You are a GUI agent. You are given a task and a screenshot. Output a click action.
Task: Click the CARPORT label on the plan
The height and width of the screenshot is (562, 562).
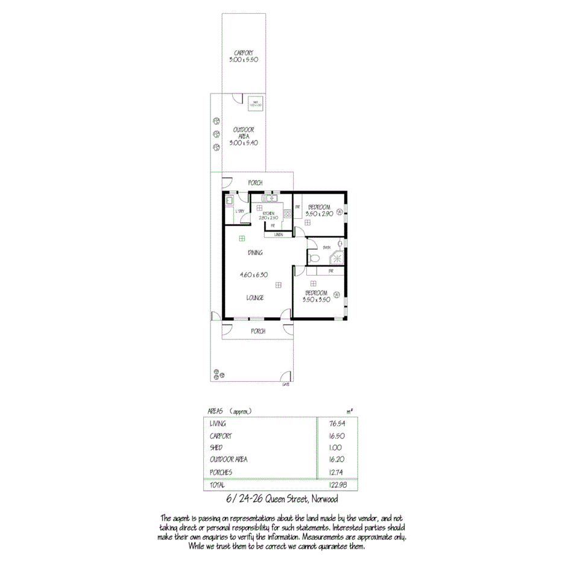pos(244,52)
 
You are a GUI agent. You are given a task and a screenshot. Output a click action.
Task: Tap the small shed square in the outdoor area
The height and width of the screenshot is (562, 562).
pos(256,104)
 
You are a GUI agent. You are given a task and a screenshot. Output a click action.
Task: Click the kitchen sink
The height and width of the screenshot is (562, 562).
pos(268,198)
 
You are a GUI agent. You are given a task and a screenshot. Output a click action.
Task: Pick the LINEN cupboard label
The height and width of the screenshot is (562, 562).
pos(279,234)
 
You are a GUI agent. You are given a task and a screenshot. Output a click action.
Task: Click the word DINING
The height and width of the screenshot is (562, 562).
pos(255,253)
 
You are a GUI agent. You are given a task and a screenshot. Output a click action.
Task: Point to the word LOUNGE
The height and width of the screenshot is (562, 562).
pos(255,297)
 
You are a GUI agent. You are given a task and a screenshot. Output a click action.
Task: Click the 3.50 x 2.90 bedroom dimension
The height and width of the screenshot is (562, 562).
pos(318,214)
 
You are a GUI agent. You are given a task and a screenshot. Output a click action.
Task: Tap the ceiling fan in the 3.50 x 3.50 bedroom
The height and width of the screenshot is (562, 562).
pos(337,295)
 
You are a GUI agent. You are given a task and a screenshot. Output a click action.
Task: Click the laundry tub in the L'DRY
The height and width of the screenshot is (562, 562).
pos(229,200)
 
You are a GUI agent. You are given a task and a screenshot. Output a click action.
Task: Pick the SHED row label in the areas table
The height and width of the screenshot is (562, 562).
pos(216,447)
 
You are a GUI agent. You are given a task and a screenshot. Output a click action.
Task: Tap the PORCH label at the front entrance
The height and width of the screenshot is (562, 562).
pos(258,330)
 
